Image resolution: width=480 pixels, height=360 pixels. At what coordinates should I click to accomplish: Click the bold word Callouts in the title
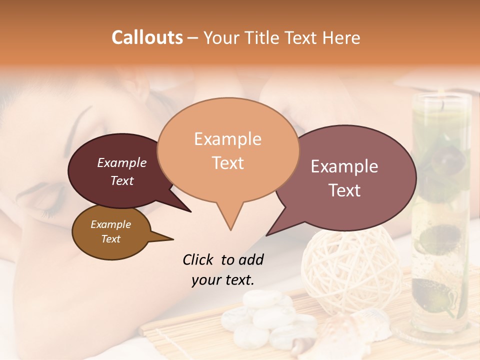click(147, 37)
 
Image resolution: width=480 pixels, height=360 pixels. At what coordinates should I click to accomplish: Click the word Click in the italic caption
click(198, 259)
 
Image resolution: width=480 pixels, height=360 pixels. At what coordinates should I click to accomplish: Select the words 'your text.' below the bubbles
click(223, 280)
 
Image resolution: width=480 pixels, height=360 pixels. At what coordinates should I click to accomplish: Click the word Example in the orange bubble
click(228, 138)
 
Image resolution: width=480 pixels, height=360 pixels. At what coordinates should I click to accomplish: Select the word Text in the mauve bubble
click(345, 190)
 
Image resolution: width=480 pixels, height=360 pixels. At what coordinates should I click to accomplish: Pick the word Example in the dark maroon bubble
click(121, 162)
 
